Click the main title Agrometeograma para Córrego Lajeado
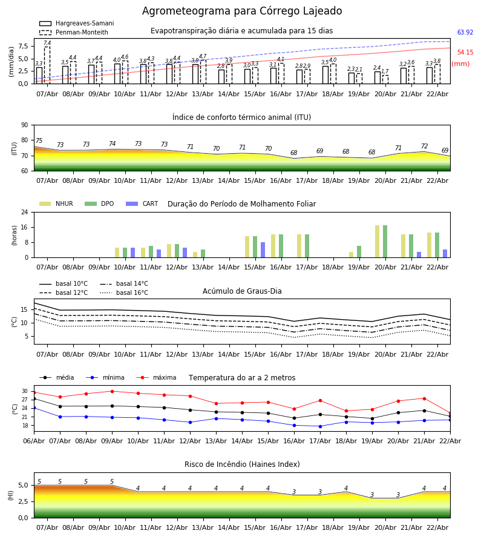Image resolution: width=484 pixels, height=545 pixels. point(242,12)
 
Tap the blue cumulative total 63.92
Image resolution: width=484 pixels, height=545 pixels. point(465,33)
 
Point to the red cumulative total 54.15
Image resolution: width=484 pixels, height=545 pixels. point(465,53)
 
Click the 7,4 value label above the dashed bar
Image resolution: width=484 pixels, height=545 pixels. point(47,43)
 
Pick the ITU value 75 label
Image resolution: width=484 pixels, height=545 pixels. point(39,141)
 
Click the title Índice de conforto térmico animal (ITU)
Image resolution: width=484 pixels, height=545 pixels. point(241,117)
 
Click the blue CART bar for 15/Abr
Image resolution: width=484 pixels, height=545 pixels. point(263,249)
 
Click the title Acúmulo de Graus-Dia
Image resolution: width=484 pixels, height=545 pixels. point(242,291)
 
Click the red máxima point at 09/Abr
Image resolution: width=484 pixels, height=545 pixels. point(112,391)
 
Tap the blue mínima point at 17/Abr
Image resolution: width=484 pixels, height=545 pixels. point(320,426)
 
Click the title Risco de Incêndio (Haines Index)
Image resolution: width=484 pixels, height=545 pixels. point(242,464)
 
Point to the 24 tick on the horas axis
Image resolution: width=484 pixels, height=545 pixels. point(27,213)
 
